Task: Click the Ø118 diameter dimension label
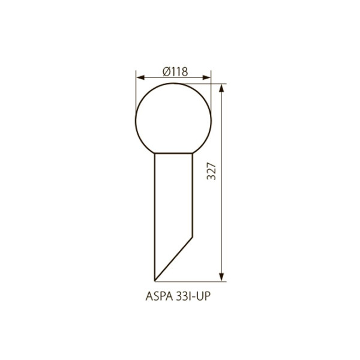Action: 175,71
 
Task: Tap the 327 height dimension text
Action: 211,171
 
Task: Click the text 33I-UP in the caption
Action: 193,296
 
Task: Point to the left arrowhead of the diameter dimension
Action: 140,77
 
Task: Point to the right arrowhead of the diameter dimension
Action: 206,77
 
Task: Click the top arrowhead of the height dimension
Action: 221,88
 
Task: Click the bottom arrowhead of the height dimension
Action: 221,277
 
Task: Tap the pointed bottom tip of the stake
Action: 155,281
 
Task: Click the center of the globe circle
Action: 173,121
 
